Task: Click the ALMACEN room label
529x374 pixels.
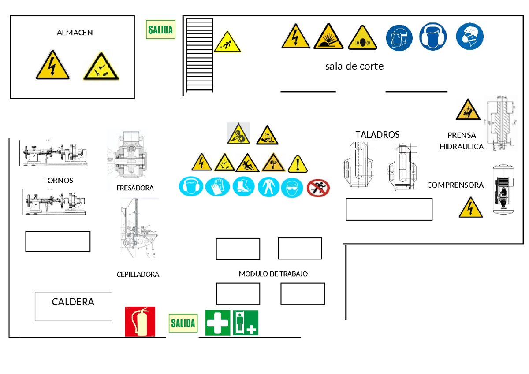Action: coord(75,33)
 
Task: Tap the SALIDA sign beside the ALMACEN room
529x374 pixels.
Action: coord(160,30)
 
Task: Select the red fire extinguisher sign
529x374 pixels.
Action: coord(140,322)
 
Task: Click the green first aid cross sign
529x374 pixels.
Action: coord(218,322)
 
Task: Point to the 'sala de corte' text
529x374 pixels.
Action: coord(354,67)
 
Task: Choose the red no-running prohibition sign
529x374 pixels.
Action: coord(318,188)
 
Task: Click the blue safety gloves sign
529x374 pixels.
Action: coord(218,187)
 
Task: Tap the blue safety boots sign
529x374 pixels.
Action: coord(243,187)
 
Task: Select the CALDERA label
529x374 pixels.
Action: coord(73,302)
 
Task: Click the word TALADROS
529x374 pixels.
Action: coord(377,135)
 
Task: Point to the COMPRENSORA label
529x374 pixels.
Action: coord(455,185)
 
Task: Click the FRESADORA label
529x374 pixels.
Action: coord(135,188)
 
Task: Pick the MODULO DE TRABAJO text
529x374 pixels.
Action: coord(273,274)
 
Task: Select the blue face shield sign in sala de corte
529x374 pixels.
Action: coord(399,37)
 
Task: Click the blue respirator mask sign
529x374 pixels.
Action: coord(469,37)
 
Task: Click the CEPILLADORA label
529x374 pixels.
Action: coord(138,274)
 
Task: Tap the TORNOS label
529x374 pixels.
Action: coord(58,181)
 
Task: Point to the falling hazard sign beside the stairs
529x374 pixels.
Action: coord(227,42)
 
